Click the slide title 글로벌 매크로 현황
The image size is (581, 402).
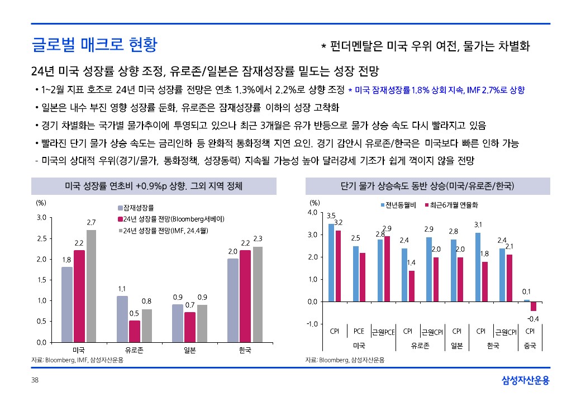(x=94, y=44)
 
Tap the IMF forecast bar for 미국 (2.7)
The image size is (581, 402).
(x=92, y=285)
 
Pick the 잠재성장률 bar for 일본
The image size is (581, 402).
(x=177, y=323)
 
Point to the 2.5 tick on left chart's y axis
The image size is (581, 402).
(x=41, y=238)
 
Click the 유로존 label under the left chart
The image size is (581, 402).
(x=135, y=350)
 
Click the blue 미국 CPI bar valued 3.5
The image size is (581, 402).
(x=331, y=262)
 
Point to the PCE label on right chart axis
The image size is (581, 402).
(x=359, y=331)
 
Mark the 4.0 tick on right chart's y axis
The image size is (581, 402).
(x=312, y=213)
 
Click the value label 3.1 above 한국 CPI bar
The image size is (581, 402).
(x=478, y=224)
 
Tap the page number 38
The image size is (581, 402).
(x=35, y=380)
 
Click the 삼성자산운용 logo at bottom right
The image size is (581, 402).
(x=526, y=381)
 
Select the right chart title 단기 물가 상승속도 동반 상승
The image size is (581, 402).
(x=427, y=185)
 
